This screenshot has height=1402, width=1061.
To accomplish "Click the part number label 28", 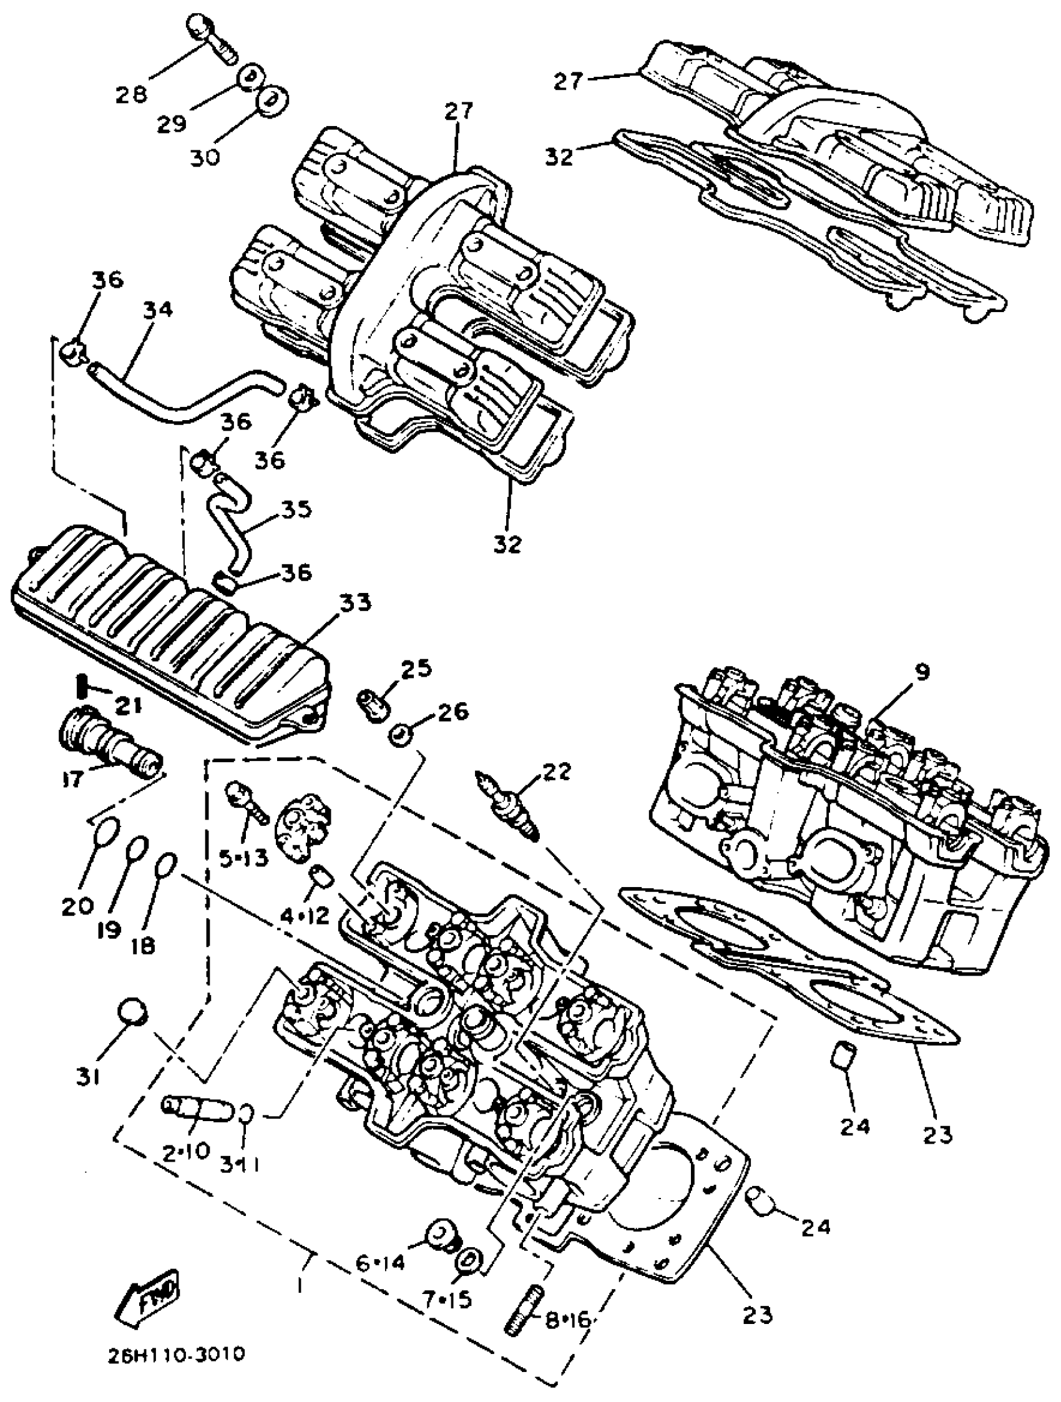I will click(x=131, y=95).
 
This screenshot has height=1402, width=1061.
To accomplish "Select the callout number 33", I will click(x=354, y=603).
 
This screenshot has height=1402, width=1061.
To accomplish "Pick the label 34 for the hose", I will click(x=157, y=311).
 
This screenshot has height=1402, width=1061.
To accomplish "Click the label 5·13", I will click(x=244, y=858).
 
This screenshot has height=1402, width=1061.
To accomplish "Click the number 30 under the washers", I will click(x=204, y=157).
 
